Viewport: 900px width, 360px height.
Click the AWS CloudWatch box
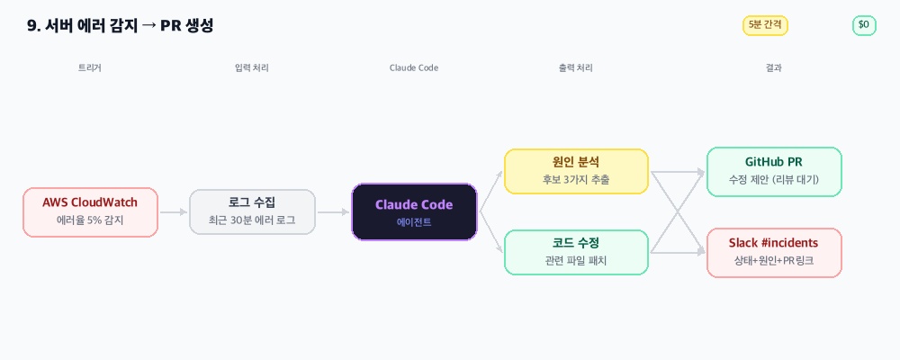[x=90, y=211]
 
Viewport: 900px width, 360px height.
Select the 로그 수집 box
[x=252, y=211]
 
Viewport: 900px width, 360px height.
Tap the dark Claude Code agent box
[x=414, y=211]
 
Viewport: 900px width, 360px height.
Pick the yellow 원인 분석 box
[x=576, y=171]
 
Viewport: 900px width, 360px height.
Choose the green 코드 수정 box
[x=576, y=252]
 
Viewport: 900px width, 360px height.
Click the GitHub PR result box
[x=774, y=171]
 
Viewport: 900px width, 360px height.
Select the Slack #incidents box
[x=774, y=252]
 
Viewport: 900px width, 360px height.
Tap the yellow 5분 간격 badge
[x=765, y=25]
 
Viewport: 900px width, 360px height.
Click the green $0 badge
[x=864, y=25]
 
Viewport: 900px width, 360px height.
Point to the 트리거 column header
[x=90, y=67]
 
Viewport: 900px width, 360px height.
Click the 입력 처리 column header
[x=252, y=67]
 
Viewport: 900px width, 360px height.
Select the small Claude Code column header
[x=414, y=67]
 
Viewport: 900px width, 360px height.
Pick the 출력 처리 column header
[x=576, y=67]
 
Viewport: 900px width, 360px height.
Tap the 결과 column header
[x=774, y=67]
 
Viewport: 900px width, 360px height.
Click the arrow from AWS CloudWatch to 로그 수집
[x=174, y=212]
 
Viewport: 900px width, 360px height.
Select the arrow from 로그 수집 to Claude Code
[x=333, y=212]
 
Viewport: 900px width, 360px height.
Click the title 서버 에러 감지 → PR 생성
[x=121, y=25]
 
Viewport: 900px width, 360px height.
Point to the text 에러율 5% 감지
[x=90, y=220]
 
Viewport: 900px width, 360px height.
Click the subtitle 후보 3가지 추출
[x=576, y=180]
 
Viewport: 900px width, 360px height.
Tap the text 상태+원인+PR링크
[x=774, y=261]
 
